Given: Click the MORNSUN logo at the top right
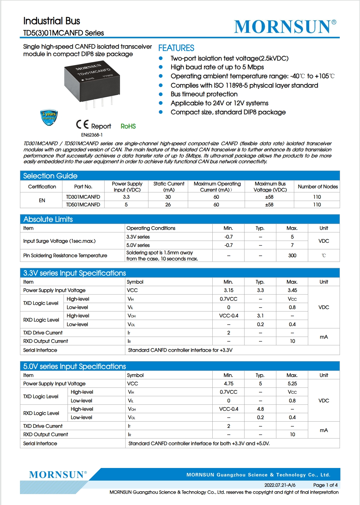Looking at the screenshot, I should tap(285, 26).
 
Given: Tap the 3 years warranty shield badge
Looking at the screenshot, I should tap(49, 117).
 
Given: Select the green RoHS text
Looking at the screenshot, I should tap(128, 126).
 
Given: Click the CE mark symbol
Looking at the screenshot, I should tap(82, 125).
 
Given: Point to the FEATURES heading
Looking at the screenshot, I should tap(176, 48).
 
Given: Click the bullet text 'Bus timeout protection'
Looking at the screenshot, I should tap(204, 94).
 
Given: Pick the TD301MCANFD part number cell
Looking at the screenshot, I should tap(83, 197).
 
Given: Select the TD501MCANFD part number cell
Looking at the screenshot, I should tap(83, 205).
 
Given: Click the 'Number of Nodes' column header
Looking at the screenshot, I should tap(318, 187).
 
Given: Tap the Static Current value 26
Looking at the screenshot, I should tap(168, 205).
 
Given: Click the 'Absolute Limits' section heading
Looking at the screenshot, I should tap(48, 220).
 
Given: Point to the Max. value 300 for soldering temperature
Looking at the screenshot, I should tap(292, 256).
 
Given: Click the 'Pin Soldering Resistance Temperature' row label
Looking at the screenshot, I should tap(65, 256).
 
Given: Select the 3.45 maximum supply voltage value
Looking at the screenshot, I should tap(292, 290).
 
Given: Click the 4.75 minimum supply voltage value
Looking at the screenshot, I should tap(228, 384).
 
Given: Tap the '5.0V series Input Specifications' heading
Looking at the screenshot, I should tap(75, 367).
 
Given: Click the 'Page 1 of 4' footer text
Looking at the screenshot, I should tap(325, 485).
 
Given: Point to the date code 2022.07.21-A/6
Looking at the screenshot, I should tap(280, 485).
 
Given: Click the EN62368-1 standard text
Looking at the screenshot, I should tap(92, 135).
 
